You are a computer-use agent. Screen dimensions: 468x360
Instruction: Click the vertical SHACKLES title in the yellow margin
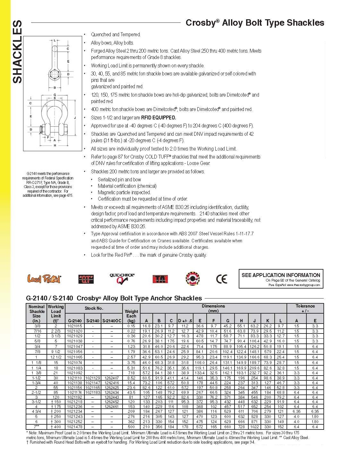(x=17, y=51)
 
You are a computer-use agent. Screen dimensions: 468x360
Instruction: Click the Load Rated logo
(x=44, y=279)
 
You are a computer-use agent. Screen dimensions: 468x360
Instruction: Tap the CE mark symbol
(x=221, y=279)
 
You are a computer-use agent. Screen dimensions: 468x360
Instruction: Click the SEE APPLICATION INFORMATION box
(x=281, y=279)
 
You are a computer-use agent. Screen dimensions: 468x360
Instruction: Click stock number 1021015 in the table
(x=75, y=326)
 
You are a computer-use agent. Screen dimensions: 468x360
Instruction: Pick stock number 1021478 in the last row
(x=75, y=427)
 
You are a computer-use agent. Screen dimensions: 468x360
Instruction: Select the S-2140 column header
(x=93, y=321)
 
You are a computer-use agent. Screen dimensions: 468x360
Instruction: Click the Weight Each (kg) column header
(x=131, y=316)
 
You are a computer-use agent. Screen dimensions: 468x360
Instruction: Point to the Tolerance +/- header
(x=305, y=308)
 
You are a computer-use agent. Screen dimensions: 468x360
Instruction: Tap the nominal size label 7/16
(x=37, y=331)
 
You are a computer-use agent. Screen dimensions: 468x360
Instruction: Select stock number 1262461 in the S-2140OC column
(x=112, y=407)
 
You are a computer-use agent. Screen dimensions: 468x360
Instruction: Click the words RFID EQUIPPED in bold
(x=159, y=117)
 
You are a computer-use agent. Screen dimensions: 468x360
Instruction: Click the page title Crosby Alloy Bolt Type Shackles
(x=255, y=23)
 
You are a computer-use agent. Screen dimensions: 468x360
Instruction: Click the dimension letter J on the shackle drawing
(x=75, y=118)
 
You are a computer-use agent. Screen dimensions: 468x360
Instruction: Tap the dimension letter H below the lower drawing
(x=55, y=145)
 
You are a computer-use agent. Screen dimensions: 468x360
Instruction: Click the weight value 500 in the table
(x=131, y=427)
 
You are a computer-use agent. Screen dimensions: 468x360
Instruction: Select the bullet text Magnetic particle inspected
(x=124, y=192)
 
